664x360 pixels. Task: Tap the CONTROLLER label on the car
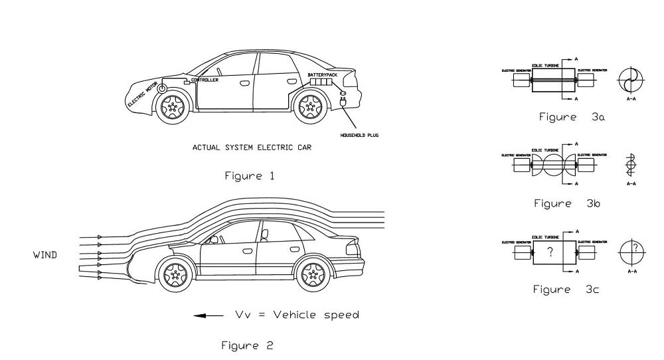coord(205,80)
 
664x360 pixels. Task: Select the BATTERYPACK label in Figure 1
coord(323,75)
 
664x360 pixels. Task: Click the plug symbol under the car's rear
coord(343,102)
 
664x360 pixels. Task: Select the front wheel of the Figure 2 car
coord(175,274)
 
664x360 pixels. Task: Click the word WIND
coord(45,255)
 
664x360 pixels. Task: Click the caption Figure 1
coord(249,176)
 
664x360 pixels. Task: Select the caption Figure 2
coord(247,345)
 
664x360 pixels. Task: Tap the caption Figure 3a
coord(571,117)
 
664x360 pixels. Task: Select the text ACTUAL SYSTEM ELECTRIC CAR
coord(252,147)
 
